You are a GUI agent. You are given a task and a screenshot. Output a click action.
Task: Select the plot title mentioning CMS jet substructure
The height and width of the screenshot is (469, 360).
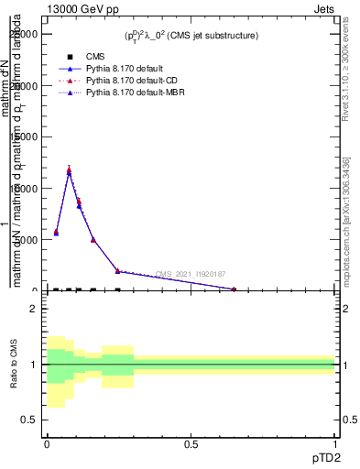(x=191, y=36)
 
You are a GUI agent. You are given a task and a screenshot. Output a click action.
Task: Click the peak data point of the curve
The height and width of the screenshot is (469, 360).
(x=69, y=171)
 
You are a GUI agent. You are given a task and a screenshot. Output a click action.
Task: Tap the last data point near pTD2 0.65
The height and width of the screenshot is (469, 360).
(x=234, y=289)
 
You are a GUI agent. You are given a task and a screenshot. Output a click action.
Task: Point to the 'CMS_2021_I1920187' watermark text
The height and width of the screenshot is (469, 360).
(x=190, y=274)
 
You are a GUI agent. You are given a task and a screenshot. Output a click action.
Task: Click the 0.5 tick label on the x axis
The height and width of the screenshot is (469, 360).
(x=191, y=443)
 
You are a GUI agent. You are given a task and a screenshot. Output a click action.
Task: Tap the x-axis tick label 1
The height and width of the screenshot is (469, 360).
(x=335, y=443)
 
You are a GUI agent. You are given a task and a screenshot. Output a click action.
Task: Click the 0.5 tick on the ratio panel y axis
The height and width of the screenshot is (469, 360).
(x=30, y=420)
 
